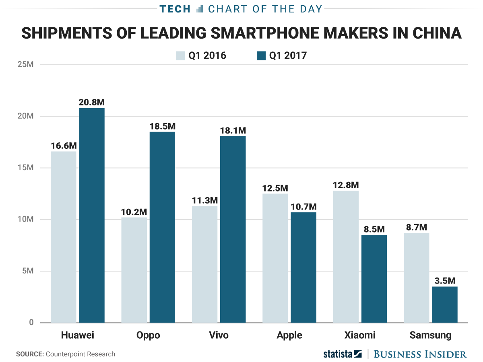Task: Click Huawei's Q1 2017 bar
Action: tap(92, 215)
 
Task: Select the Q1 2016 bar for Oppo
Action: tap(134, 270)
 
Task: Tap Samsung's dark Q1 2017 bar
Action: tap(445, 304)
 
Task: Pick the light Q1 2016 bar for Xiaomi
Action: tap(346, 257)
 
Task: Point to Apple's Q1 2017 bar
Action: tap(303, 267)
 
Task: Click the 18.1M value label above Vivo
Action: tap(233, 131)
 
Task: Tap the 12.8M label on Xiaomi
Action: tap(346, 185)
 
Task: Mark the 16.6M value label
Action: tap(63, 146)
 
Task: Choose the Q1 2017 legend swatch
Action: tap(261, 56)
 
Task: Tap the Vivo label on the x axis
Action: tap(219, 335)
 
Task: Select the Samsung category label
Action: tap(430, 335)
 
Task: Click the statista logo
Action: tap(343, 354)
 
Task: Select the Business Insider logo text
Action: tap(420, 354)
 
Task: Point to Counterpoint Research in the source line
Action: tap(80, 354)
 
